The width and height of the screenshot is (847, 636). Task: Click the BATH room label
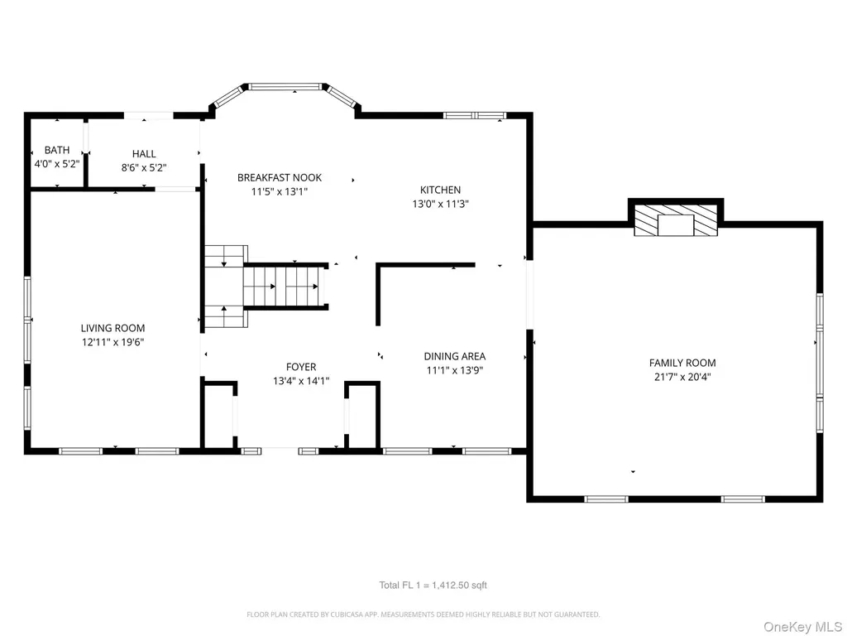(57, 150)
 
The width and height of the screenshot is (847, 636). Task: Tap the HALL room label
(144, 154)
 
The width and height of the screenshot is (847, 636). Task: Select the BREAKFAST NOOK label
(280, 177)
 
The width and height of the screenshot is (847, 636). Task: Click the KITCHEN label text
(440, 190)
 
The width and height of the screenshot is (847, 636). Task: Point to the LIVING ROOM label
(112, 328)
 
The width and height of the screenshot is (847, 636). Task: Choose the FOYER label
(301, 367)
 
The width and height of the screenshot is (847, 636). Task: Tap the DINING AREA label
(454, 356)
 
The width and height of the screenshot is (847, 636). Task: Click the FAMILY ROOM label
(682, 363)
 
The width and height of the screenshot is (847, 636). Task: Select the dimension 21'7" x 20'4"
(682, 377)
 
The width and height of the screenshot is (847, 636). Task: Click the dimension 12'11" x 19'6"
(112, 342)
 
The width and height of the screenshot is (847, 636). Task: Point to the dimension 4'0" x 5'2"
(57, 163)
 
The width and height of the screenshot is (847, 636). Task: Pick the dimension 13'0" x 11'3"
(440, 204)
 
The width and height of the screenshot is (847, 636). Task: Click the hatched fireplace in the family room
(676, 220)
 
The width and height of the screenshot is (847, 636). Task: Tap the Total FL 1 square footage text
(433, 585)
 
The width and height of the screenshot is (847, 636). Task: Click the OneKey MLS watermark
(802, 627)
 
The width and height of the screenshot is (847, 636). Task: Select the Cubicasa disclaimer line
(423, 614)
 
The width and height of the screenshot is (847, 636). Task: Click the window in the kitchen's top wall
(475, 115)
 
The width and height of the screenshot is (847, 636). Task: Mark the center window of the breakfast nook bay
(285, 86)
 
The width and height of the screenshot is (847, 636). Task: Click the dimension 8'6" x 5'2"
(144, 167)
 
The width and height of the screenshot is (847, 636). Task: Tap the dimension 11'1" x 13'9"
(454, 370)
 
